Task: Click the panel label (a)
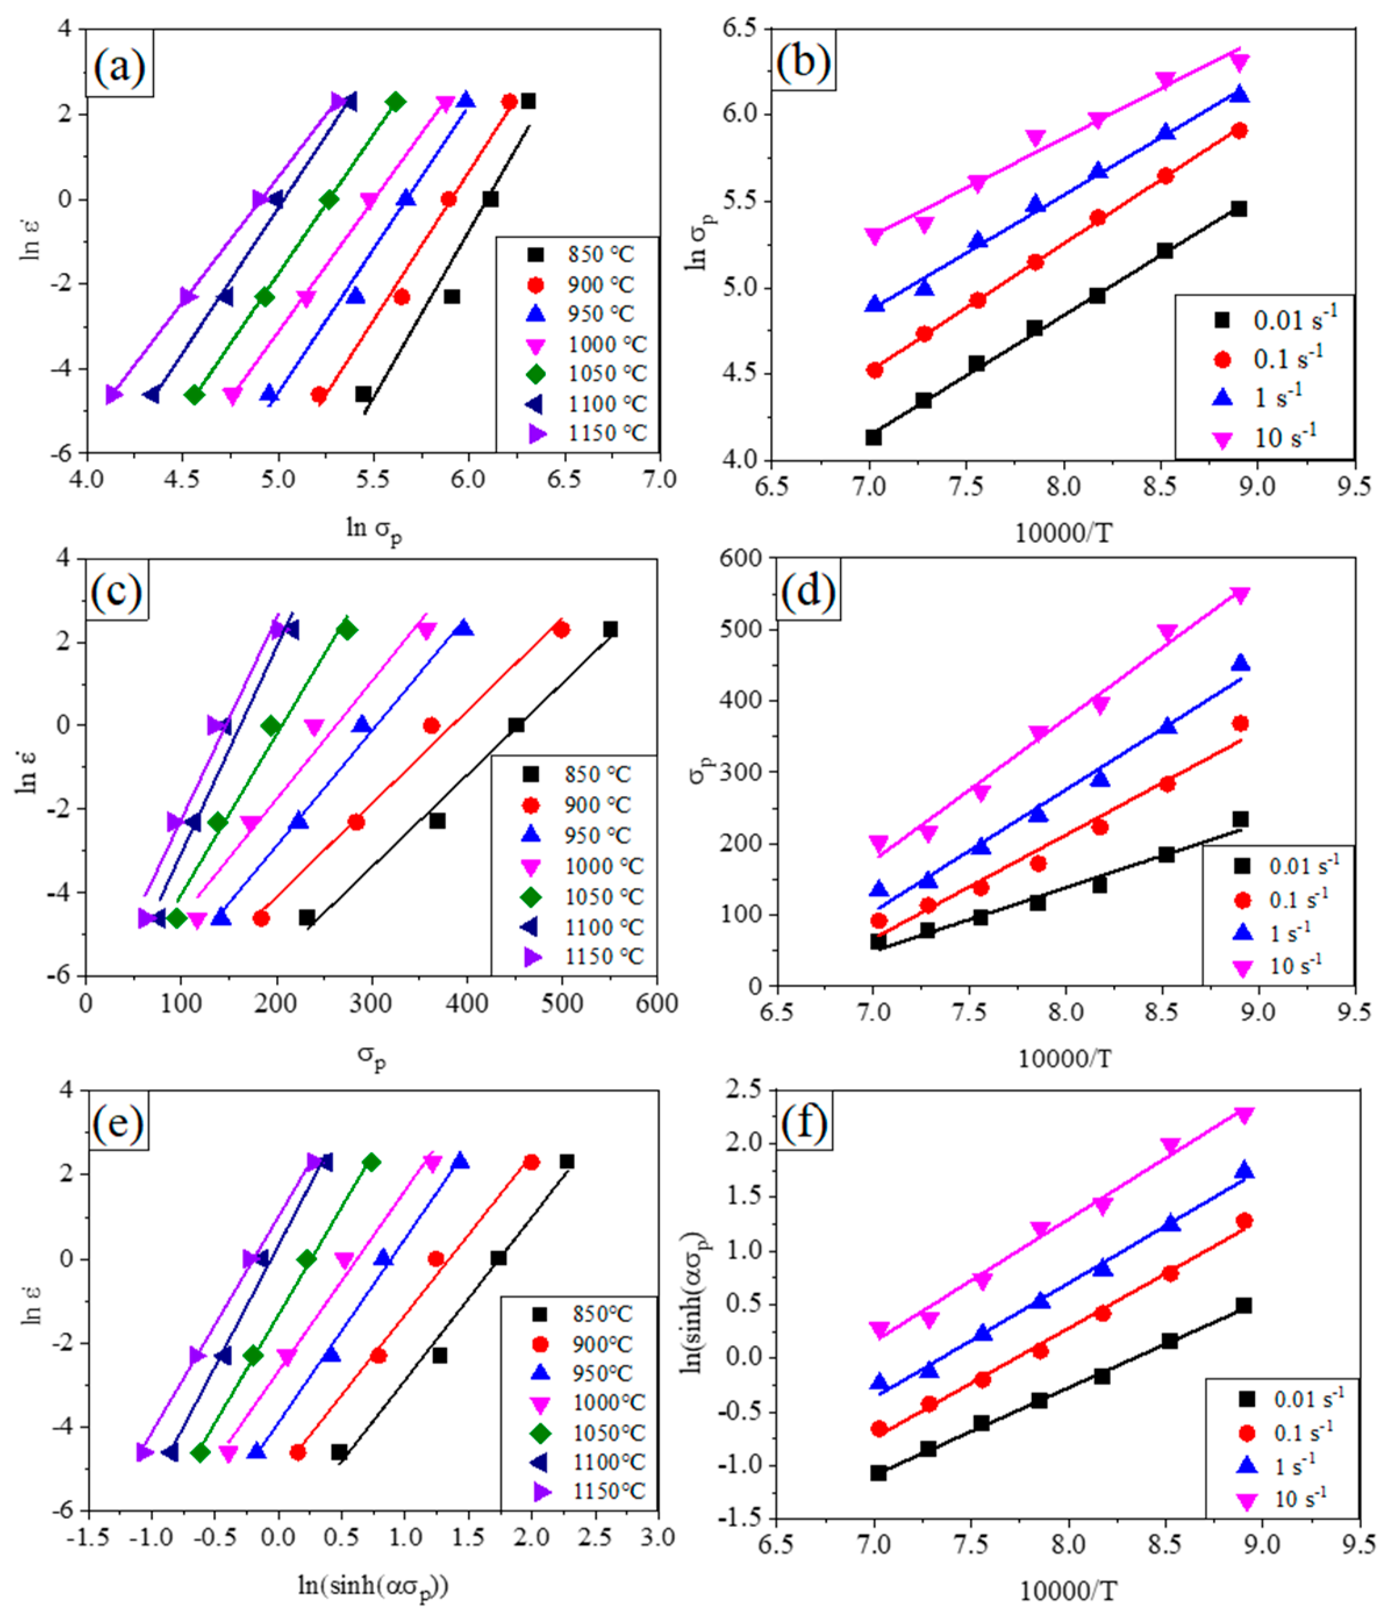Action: [x=119, y=67]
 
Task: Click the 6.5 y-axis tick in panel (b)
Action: [x=739, y=29]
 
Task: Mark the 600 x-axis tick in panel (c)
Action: [x=656, y=1003]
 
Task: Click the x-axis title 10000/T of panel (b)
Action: [x=1063, y=534]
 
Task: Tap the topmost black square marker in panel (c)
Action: [x=610, y=629]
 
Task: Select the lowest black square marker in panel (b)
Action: [x=874, y=437]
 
